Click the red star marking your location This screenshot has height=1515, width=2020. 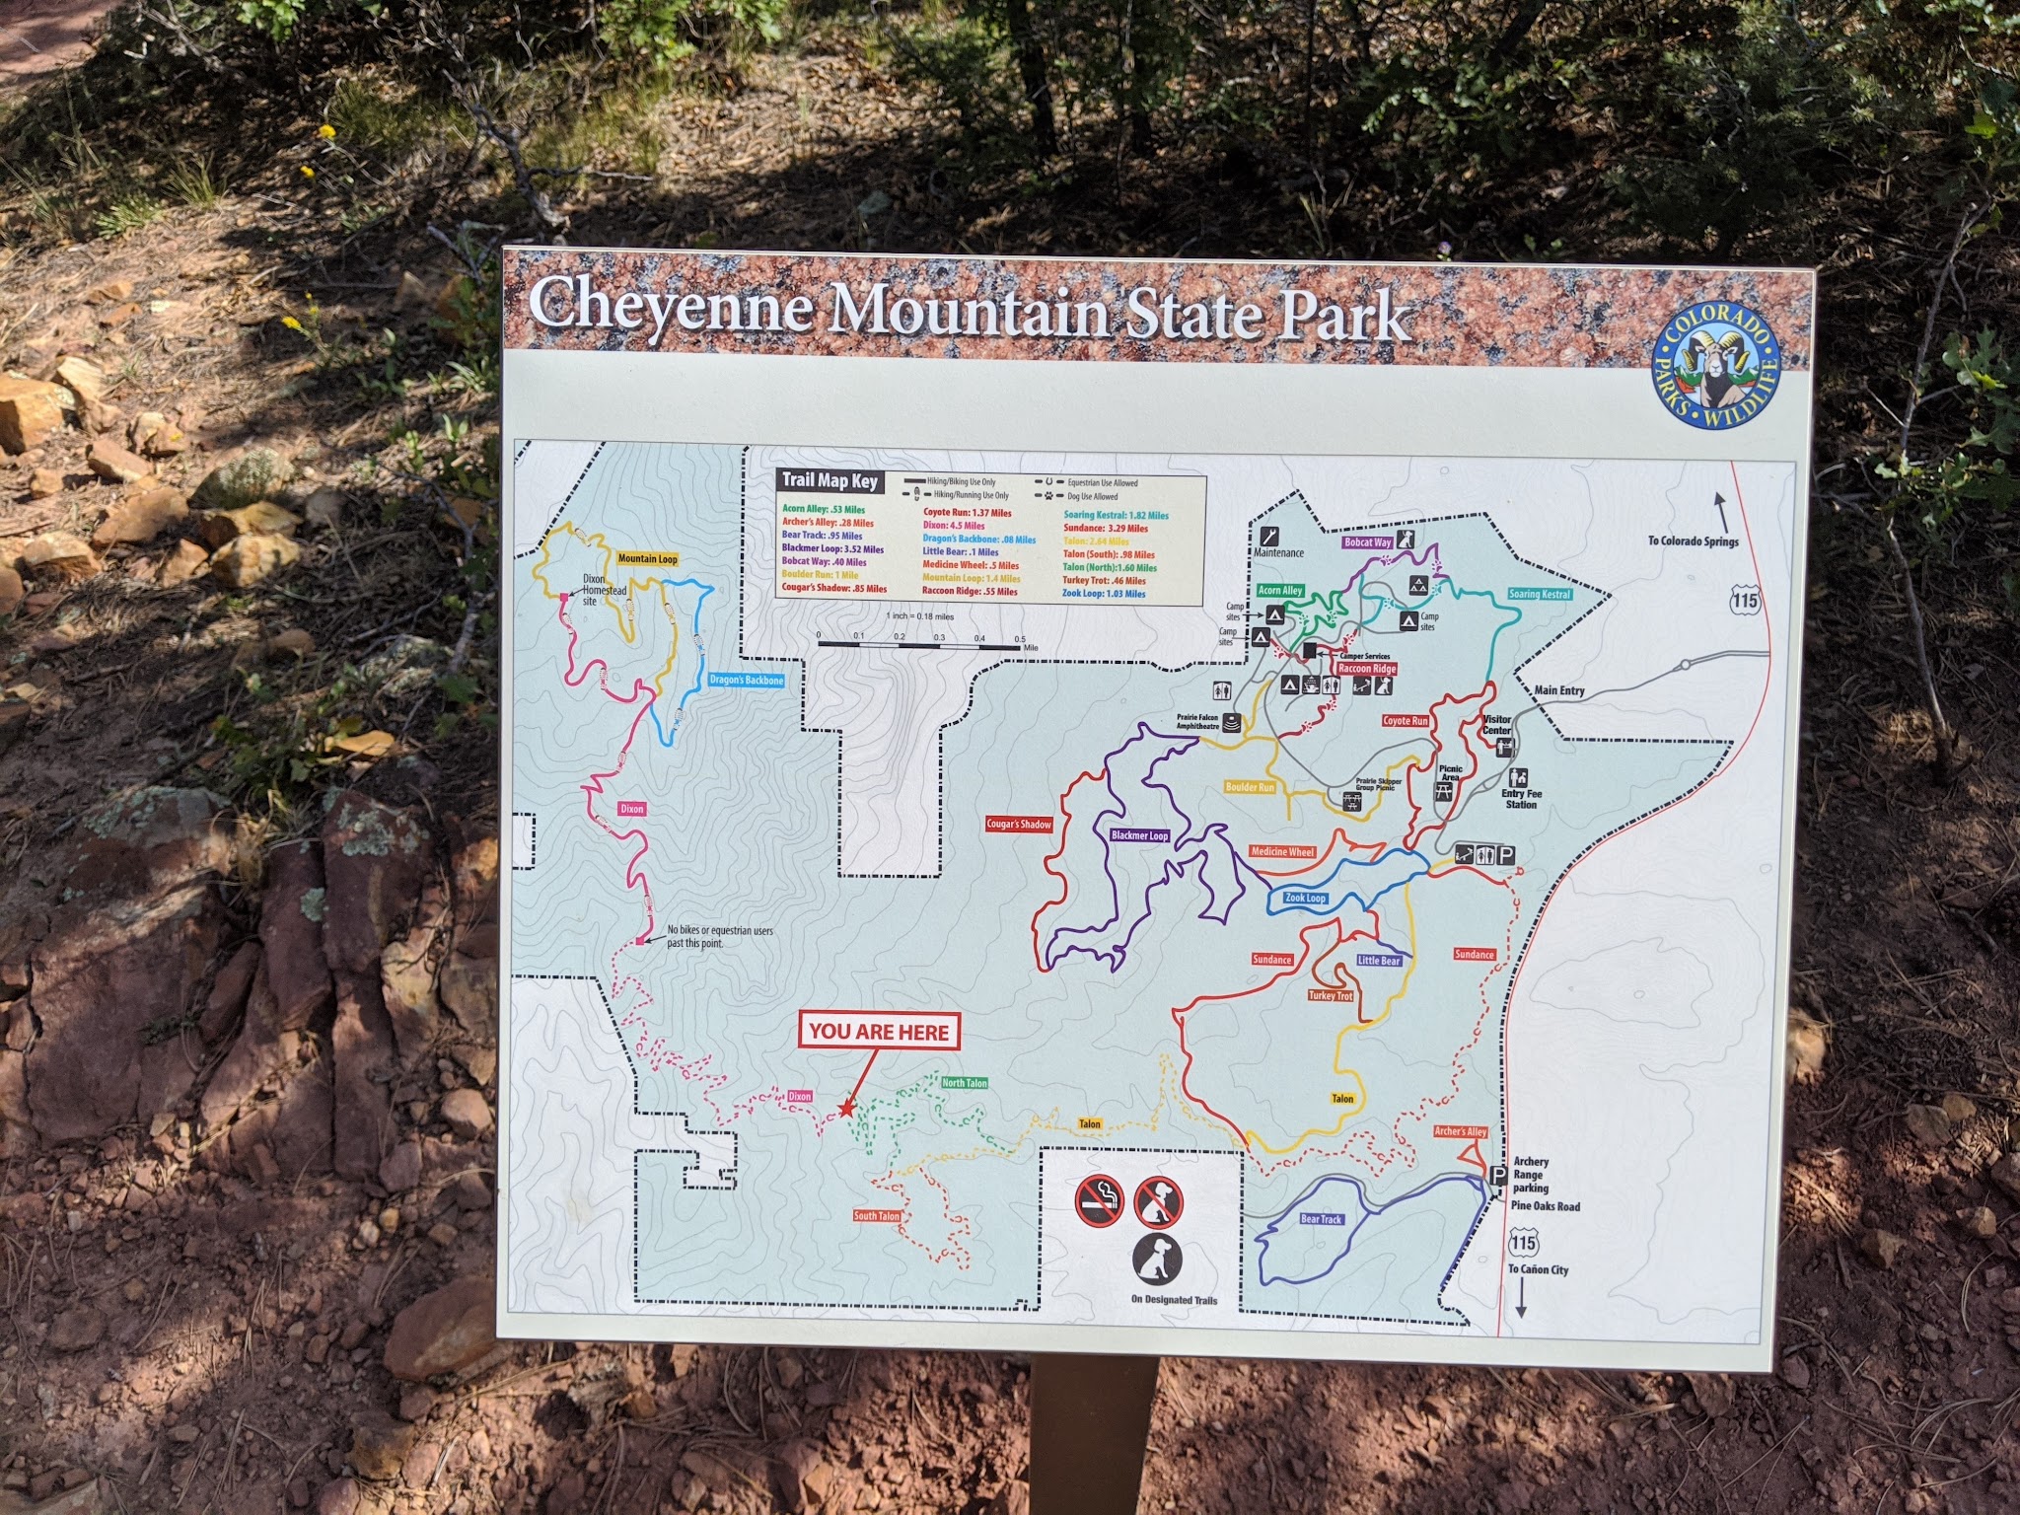(x=846, y=1110)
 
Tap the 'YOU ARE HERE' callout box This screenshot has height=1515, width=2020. (x=879, y=1033)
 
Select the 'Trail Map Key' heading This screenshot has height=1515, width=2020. (x=829, y=481)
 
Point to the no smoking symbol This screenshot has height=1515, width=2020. (x=1099, y=1201)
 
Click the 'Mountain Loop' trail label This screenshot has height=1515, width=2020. (x=647, y=559)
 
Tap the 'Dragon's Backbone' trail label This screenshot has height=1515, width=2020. (x=747, y=681)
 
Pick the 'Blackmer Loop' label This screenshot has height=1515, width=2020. (x=1139, y=835)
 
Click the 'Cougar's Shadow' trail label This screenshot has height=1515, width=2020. (x=1020, y=825)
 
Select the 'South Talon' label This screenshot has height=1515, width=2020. (x=877, y=1216)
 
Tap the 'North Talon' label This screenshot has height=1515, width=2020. (x=964, y=1083)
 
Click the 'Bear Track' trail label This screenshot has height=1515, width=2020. (x=1321, y=1219)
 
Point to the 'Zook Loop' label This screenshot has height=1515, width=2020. (x=1305, y=899)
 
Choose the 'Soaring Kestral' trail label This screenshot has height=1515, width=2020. (x=1539, y=595)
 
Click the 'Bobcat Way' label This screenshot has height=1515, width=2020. (x=1368, y=542)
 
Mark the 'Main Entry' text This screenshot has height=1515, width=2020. (x=1559, y=690)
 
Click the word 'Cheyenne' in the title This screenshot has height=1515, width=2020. (x=671, y=307)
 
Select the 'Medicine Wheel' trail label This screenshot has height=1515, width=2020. (x=1282, y=851)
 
